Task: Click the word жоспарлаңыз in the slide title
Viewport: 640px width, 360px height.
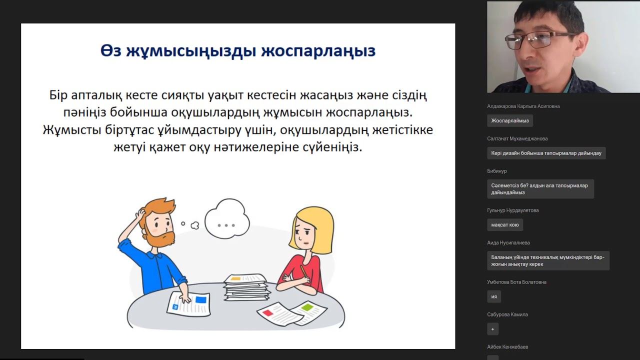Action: pos(318,51)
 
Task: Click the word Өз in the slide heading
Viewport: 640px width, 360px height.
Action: pos(111,50)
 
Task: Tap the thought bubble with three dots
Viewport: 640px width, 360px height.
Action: pos(227,219)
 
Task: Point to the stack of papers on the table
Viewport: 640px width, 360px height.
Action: pos(246,287)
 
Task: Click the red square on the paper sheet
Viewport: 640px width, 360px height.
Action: pos(267,313)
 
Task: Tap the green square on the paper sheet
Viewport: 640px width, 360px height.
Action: pos(307,307)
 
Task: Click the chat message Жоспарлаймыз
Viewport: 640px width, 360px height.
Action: pos(510,120)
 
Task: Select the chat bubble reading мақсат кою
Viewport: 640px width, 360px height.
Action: pos(505,225)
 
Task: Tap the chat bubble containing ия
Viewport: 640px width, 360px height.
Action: pos(494,296)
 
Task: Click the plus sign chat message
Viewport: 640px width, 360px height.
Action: pos(493,329)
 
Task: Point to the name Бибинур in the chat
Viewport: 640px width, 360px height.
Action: pos(497,171)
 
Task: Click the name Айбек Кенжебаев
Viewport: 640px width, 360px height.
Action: pos(507,347)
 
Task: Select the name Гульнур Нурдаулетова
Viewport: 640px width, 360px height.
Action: pos(513,210)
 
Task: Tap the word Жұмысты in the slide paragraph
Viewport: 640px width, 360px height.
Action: pos(72,130)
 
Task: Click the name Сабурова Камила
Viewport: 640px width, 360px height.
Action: pos(507,314)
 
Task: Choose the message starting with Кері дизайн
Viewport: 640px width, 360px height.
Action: pos(546,153)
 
